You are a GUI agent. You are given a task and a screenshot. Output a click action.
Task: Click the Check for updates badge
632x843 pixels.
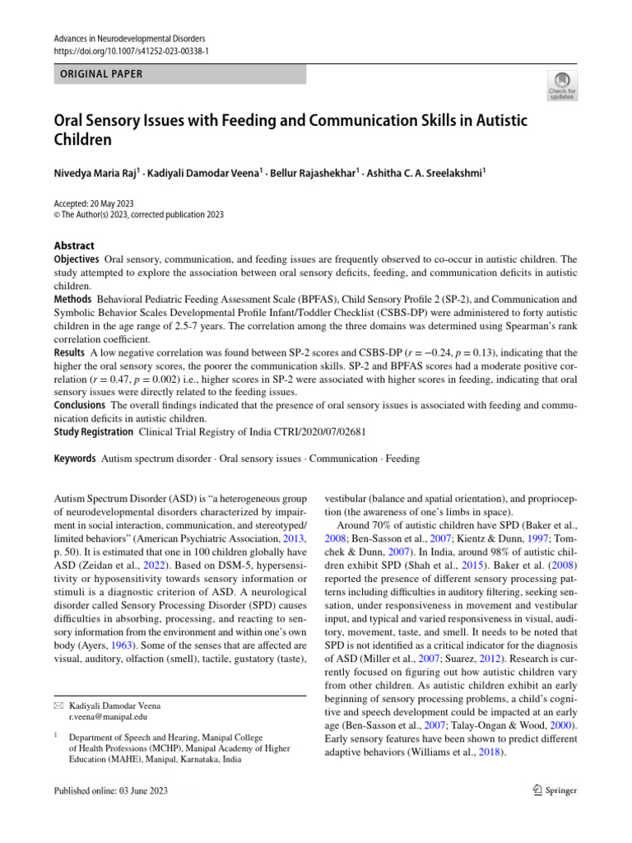pyautogui.click(x=563, y=84)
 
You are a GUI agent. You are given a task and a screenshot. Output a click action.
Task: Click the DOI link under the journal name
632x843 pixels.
pyautogui.click(x=132, y=50)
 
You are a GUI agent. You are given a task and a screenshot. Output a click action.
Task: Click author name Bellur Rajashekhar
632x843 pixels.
pyautogui.click(x=318, y=173)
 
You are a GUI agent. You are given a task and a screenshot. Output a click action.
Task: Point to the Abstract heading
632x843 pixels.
pyautogui.click(x=74, y=245)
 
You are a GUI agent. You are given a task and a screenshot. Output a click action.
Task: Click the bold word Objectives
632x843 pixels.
pyautogui.click(x=77, y=259)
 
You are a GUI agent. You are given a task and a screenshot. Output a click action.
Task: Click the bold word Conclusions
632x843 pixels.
pyautogui.click(x=80, y=405)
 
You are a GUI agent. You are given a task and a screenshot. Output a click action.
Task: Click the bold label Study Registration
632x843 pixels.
pyautogui.click(x=93, y=431)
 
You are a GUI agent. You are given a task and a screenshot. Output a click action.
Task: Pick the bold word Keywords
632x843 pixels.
pyautogui.click(x=73, y=458)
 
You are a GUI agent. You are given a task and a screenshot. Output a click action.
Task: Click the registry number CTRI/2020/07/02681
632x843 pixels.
pyautogui.click(x=253, y=431)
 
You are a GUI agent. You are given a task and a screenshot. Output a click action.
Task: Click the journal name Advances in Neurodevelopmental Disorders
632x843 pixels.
pyautogui.click(x=129, y=39)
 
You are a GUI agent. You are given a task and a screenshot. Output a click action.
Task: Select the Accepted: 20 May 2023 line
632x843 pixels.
pyautogui.click(x=94, y=203)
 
